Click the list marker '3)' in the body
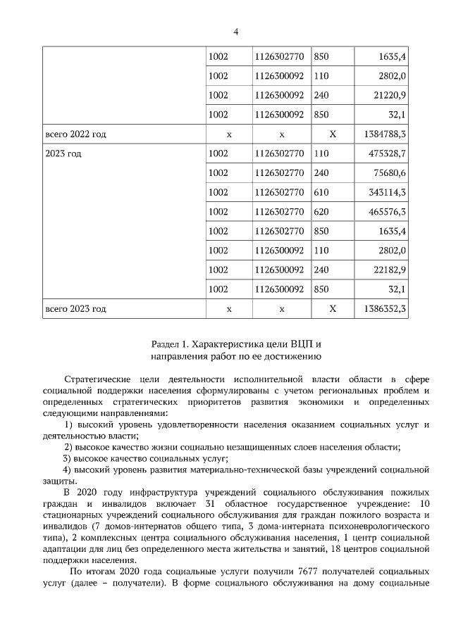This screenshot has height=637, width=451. tap(68, 458)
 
